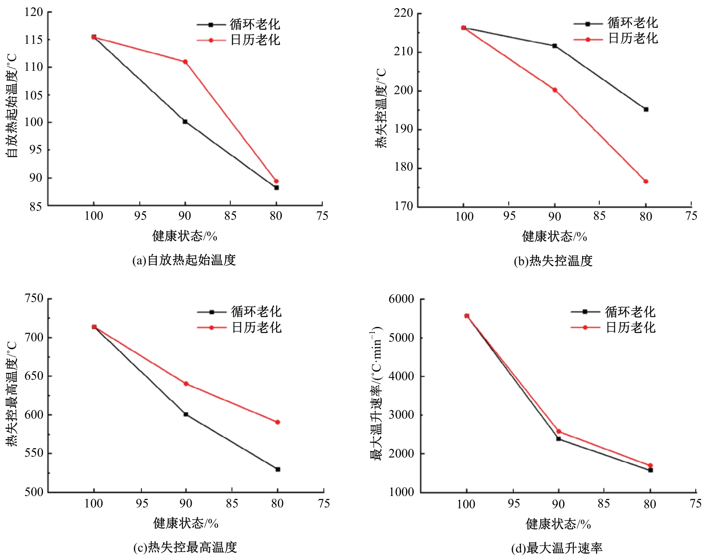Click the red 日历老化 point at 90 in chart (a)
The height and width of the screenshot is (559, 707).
(185, 62)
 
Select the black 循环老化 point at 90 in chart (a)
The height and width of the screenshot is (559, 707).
(185, 122)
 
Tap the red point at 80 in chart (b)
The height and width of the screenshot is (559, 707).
(646, 181)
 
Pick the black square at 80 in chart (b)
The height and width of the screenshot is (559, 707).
(646, 109)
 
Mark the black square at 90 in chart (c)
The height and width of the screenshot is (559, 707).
(186, 414)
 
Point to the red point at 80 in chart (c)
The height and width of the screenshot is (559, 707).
(278, 422)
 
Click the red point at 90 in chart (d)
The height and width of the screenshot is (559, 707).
(558, 431)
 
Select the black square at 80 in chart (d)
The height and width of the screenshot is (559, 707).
(650, 470)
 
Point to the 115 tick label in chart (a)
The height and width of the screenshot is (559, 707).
(33, 40)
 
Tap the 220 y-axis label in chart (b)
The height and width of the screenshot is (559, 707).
(403, 14)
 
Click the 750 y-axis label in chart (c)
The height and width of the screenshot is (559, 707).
(34, 298)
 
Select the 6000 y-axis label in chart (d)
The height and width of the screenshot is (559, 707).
(401, 299)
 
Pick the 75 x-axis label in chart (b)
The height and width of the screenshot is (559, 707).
(691, 216)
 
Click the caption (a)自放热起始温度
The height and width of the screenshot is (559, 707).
(184, 260)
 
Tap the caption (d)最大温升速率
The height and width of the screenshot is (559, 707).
(557, 548)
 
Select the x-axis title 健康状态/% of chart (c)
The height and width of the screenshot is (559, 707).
(186, 523)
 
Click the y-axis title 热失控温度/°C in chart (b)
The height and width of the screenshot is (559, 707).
(381, 108)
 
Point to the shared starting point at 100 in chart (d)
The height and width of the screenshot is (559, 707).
(467, 316)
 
